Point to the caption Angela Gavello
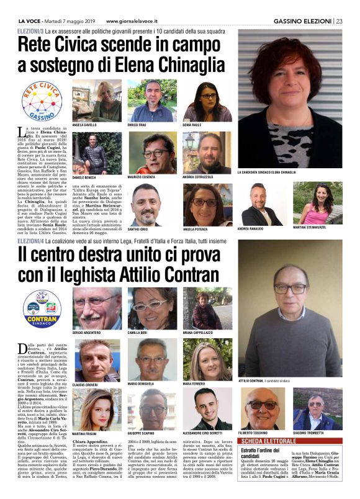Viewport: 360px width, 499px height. coord(86,125)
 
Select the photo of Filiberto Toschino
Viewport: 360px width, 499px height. coord(261,407)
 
